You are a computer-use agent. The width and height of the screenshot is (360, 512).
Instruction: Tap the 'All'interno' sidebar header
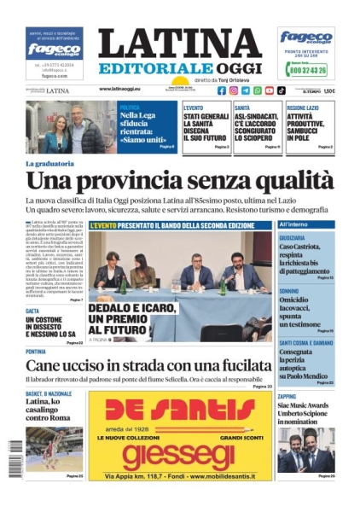tap(293, 224)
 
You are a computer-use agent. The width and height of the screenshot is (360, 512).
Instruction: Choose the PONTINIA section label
tap(37, 352)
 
